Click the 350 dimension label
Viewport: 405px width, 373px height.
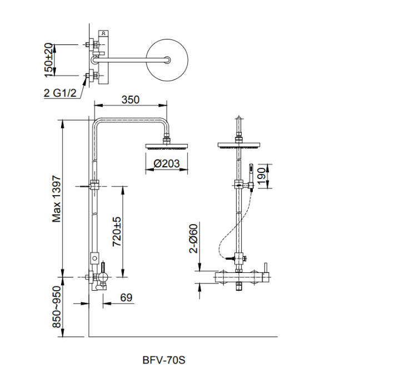point(130,100)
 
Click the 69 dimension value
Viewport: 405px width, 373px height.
point(126,297)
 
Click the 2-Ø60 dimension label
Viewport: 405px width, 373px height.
point(193,238)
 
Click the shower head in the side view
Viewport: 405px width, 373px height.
point(167,146)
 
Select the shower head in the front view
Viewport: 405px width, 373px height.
point(239,146)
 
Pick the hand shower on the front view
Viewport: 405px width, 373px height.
point(251,175)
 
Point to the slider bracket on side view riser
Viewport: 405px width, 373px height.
point(94,185)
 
